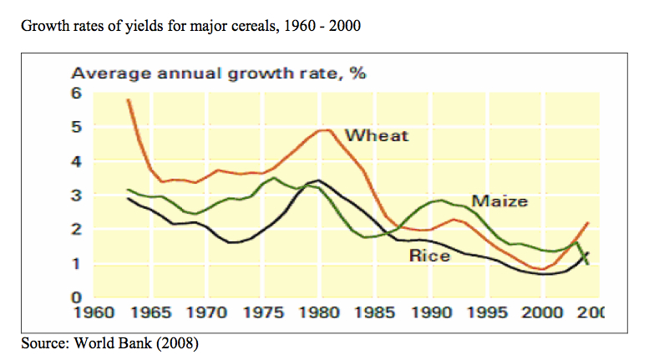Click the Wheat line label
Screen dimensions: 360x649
(377, 135)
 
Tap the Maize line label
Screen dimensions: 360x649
(499, 201)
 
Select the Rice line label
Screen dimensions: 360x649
(429, 256)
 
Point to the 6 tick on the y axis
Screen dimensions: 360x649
(76, 92)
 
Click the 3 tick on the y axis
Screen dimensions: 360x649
(76, 195)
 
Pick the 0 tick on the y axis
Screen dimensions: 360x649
(76, 297)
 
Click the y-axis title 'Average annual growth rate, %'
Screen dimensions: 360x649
(220, 73)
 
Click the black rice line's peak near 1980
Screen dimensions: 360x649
(317, 180)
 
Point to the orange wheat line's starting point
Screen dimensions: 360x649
(128, 99)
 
